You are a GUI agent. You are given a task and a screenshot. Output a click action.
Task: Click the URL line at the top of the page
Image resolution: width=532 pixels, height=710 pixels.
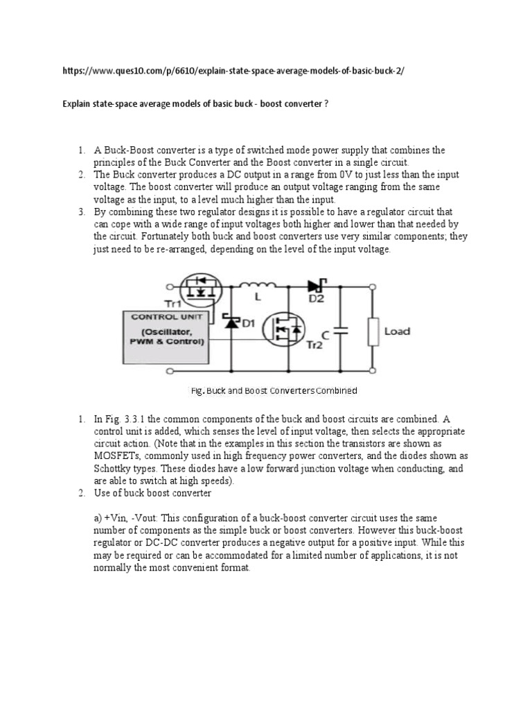pos(232,71)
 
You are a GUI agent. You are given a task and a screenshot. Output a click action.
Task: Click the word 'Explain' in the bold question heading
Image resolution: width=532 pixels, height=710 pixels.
pos(78,105)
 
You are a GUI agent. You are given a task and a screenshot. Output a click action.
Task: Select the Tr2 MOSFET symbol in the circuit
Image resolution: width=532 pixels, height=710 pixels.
pos(284,331)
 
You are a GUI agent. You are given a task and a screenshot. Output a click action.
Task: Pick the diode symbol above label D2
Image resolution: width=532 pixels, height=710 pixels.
pos(320,284)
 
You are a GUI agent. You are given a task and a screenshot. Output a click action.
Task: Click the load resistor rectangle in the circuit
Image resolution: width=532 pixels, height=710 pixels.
pos(374,331)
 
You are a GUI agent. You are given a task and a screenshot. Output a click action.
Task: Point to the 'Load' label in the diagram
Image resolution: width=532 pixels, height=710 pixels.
pos(397,331)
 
